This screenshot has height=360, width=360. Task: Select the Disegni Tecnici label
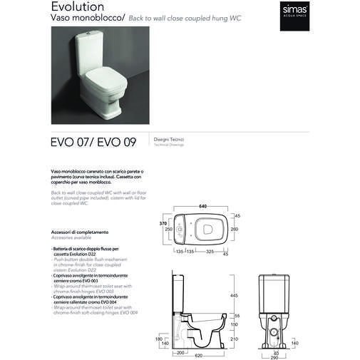tap(165, 138)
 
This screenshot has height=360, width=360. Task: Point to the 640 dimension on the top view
tap(202, 207)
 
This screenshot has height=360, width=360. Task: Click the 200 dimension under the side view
tap(181, 352)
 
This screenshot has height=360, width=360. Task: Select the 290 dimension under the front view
tap(274, 356)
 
